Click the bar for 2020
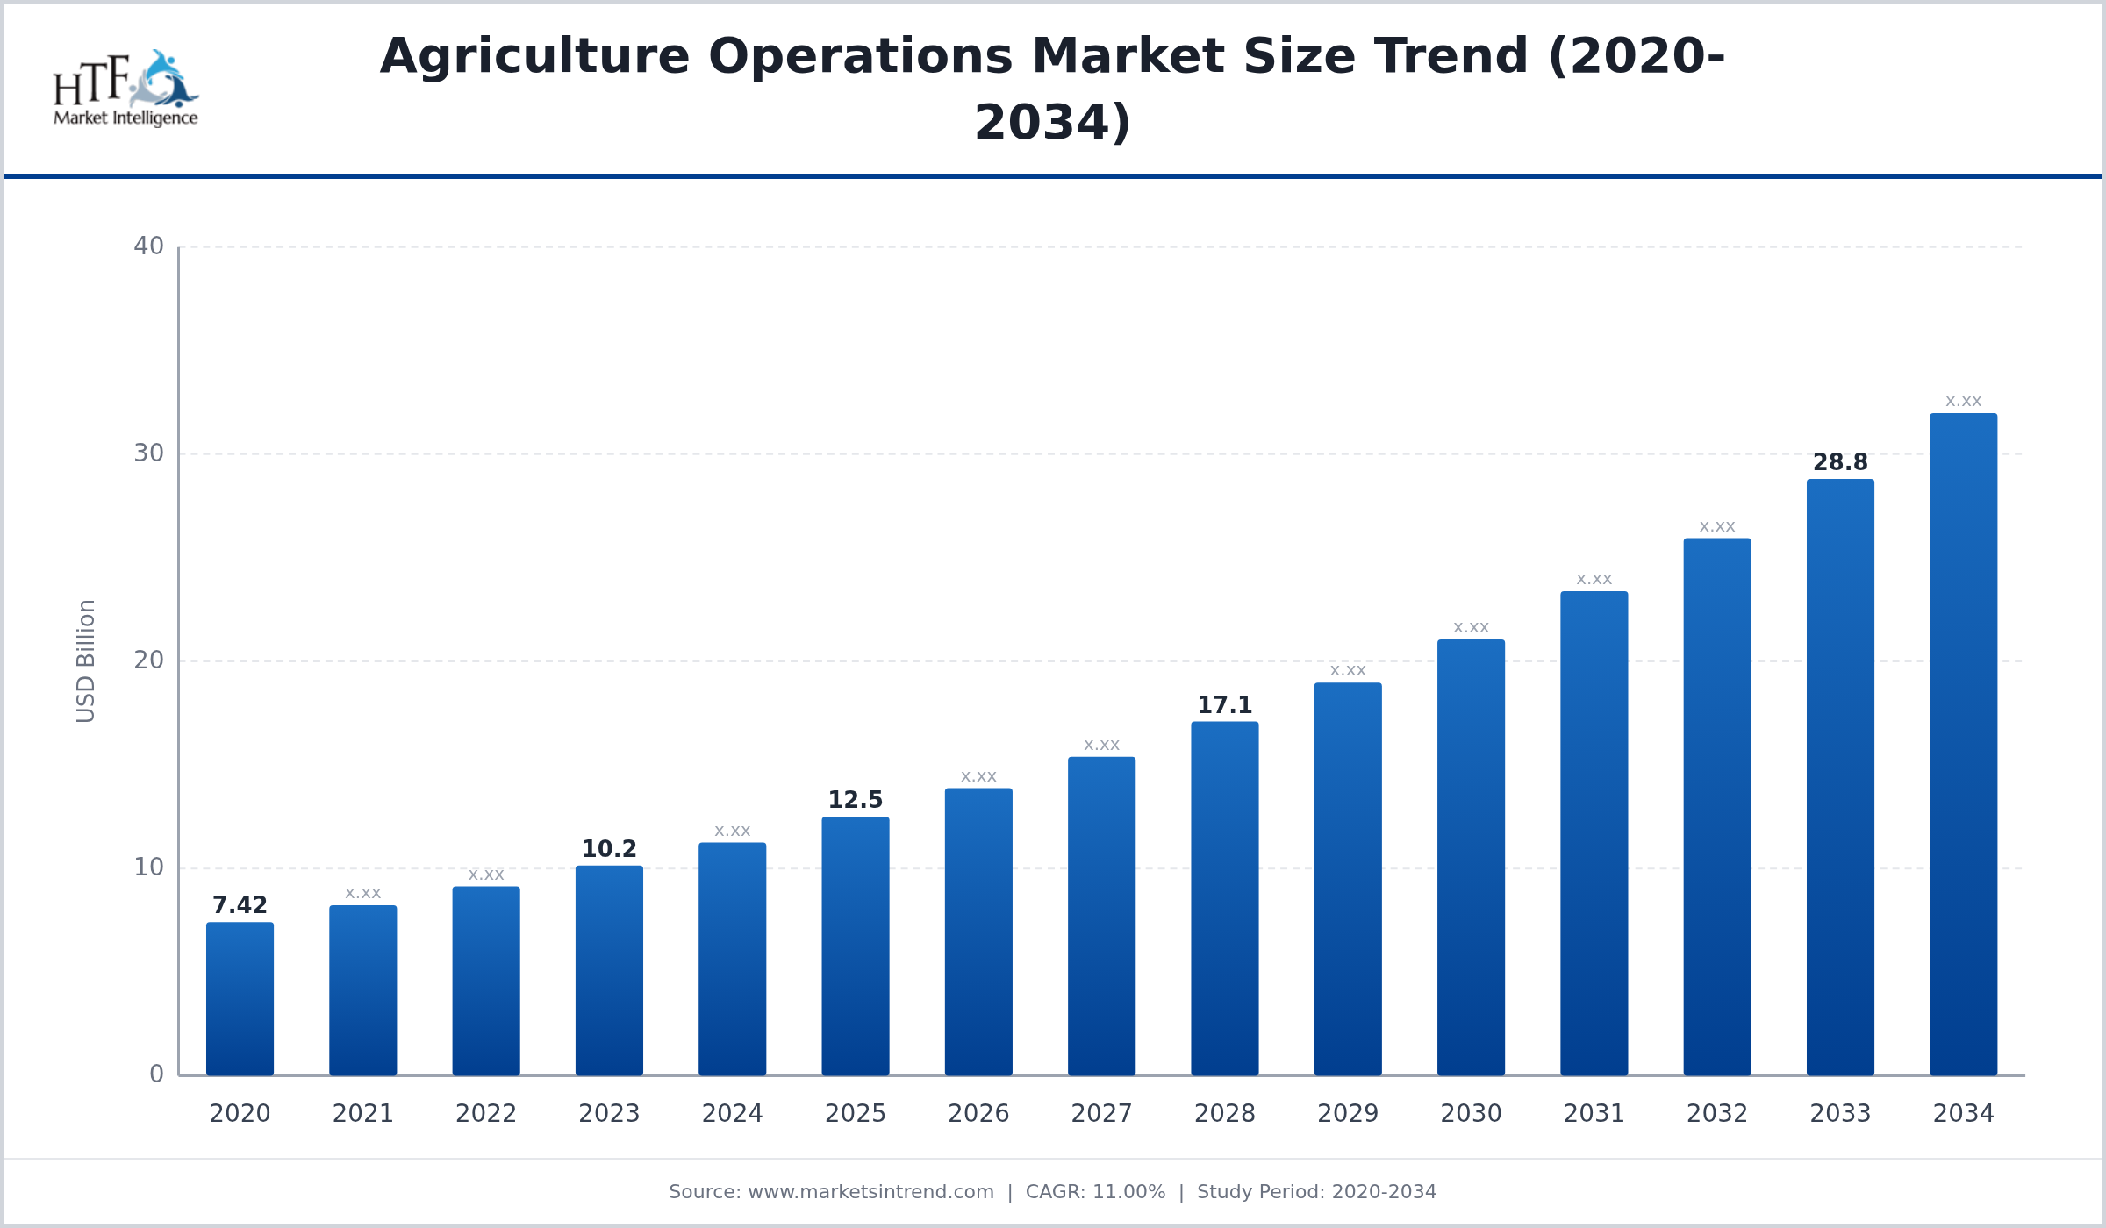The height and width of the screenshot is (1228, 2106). coord(240,999)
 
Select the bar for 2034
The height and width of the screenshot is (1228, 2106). coord(1963,745)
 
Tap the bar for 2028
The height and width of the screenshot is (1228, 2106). coord(1224,899)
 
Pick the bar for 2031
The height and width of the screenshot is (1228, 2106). coord(1594,833)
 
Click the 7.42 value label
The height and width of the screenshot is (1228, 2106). coord(240,905)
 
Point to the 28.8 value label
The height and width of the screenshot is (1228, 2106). coord(1840,462)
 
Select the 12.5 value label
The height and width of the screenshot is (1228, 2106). coord(855,800)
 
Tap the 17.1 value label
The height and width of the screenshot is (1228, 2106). coord(1224,705)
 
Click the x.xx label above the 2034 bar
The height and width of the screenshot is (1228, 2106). coord(1963,402)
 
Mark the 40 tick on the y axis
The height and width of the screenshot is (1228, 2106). coord(148,246)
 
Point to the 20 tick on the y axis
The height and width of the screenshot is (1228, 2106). coord(148,660)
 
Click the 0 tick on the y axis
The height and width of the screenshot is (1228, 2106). coord(156,1074)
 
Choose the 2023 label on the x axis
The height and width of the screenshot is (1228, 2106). coord(609,1114)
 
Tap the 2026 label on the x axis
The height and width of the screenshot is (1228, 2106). coord(978,1114)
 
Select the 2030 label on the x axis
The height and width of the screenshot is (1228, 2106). coord(1471,1114)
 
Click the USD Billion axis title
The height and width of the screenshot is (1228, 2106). coord(85,660)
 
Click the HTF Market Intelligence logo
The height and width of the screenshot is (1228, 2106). coord(125,89)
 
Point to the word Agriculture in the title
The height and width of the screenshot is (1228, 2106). coord(534,57)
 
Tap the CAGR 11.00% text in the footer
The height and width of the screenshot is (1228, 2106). coord(1095,1192)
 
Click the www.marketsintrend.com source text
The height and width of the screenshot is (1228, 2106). coord(870,1192)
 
